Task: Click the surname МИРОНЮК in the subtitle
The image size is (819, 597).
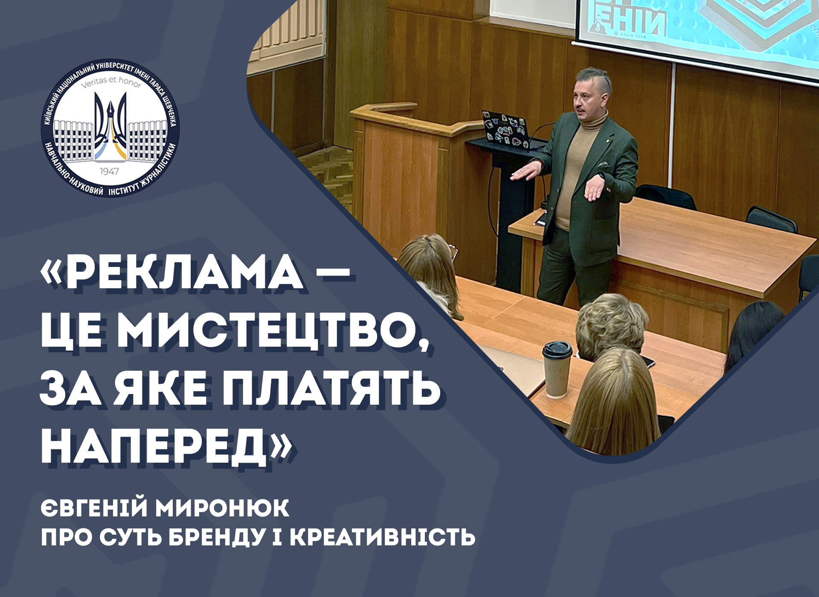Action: pyautogui.click(x=222, y=508)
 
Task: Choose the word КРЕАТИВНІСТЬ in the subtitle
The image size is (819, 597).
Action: pyautogui.click(x=383, y=537)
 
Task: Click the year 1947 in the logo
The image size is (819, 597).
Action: pyautogui.click(x=109, y=171)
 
